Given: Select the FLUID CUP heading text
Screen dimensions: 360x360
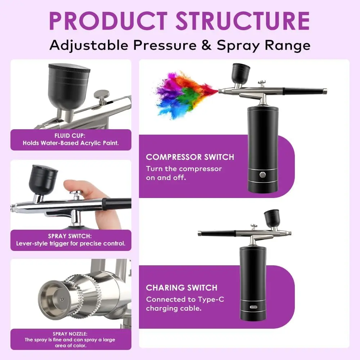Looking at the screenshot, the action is [70, 136].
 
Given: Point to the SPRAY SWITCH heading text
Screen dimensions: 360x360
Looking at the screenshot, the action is [70, 236].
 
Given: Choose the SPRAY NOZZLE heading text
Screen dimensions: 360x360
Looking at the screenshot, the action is [70, 334].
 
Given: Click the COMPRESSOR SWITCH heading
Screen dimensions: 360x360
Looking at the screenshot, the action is [190, 157].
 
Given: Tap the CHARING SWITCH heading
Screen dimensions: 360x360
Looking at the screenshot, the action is [181, 288].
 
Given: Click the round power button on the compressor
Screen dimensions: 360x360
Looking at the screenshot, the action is [263, 175].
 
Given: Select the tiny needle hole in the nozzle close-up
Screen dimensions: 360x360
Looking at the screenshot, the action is [62, 300].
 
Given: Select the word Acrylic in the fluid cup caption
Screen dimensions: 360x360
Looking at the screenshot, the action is [89, 143].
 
